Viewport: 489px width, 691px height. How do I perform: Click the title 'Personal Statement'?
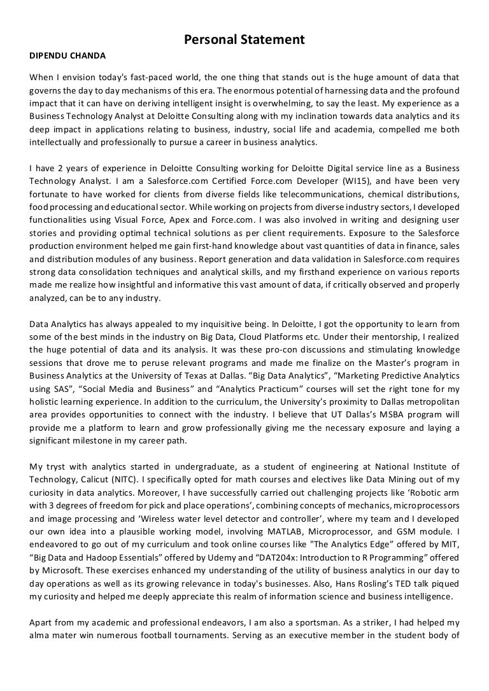[x=244, y=40]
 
